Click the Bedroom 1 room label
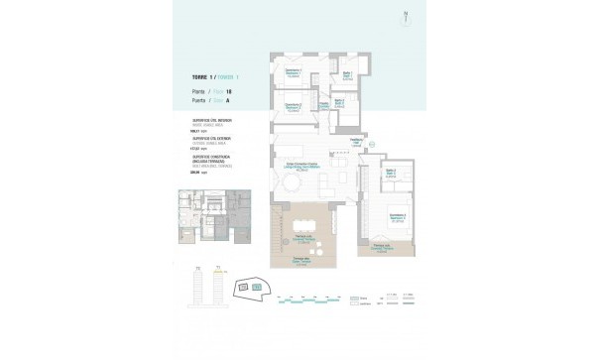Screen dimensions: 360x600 click(x=293, y=71)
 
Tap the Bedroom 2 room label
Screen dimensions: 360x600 click(x=293, y=106)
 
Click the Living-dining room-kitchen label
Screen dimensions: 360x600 click(x=302, y=167)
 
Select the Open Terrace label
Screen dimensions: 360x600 click(x=298, y=260)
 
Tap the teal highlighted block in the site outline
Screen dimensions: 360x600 click(x=258, y=288)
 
